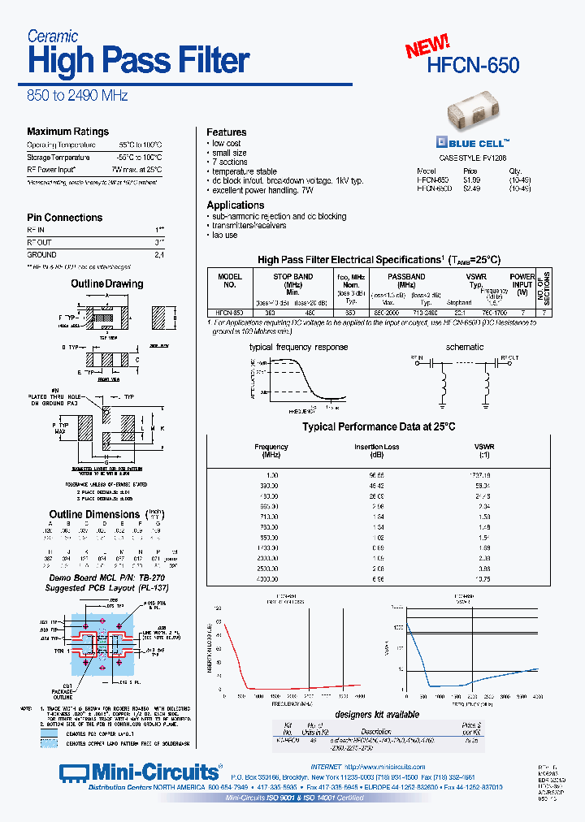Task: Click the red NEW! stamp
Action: [x=427, y=46]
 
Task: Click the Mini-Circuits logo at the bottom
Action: [x=139, y=771]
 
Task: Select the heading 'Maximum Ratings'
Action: [x=67, y=132]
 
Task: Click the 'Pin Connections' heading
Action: [x=65, y=218]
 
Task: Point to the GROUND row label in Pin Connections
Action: [x=42, y=255]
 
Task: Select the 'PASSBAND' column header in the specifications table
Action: [x=406, y=277]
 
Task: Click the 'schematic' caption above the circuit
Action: [x=465, y=347]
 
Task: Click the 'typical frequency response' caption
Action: [x=298, y=347]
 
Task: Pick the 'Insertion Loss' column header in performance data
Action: [x=377, y=447]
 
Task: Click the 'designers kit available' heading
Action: [x=377, y=715]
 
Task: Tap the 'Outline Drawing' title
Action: [x=106, y=284]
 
